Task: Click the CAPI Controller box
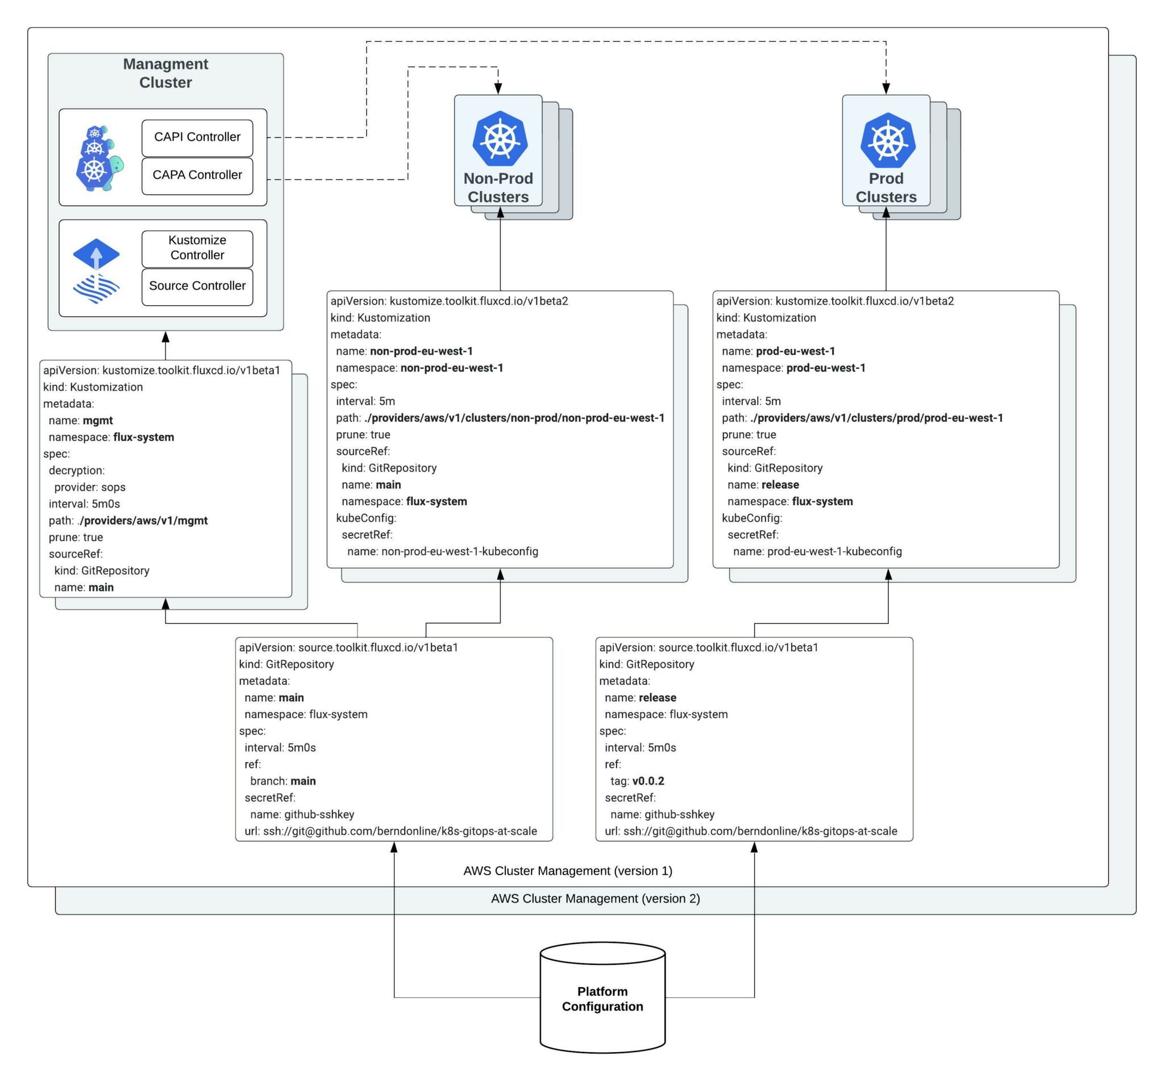197,137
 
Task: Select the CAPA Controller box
197,175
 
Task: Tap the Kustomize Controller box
197,248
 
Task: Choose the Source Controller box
197,286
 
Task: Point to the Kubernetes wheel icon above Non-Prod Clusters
500,139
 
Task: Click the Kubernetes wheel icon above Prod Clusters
887,141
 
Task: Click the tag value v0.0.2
648,781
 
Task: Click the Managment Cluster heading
165,73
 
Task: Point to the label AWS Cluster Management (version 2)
595,899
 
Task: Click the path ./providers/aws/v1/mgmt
142,521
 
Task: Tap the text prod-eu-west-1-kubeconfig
834,552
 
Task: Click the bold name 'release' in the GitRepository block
657,698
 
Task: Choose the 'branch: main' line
282,781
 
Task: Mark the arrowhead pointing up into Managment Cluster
165,337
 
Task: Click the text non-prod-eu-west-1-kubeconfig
459,552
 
